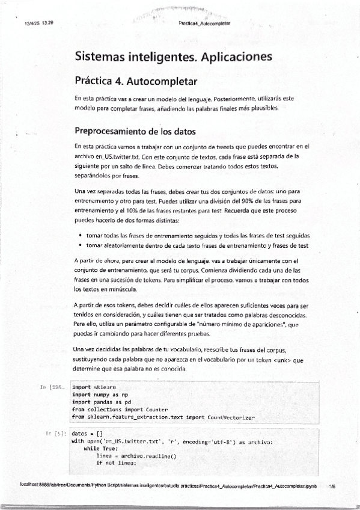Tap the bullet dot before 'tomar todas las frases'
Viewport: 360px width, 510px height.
pos(81,235)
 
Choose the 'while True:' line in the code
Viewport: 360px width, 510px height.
pos(101,448)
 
